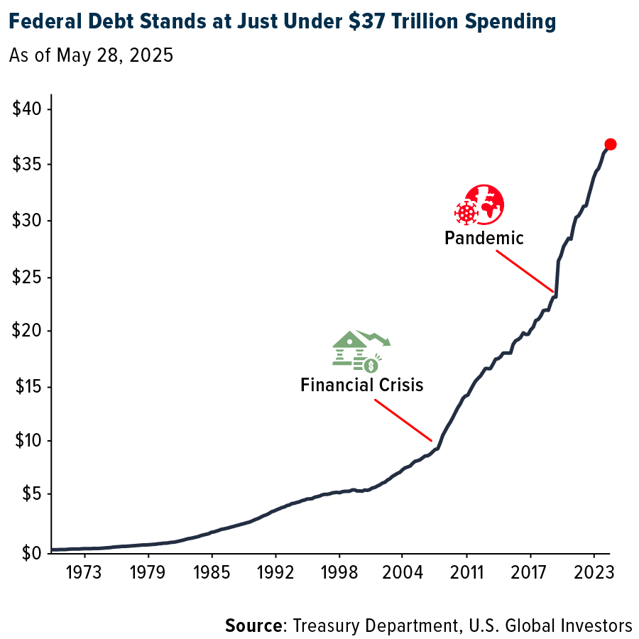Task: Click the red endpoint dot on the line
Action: click(x=610, y=144)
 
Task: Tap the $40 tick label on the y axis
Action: click(x=27, y=110)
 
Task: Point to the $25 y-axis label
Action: click(x=27, y=276)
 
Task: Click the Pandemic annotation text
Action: click(x=484, y=238)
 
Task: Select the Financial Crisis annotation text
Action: click(x=361, y=386)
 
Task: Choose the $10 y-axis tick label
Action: click(x=27, y=441)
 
